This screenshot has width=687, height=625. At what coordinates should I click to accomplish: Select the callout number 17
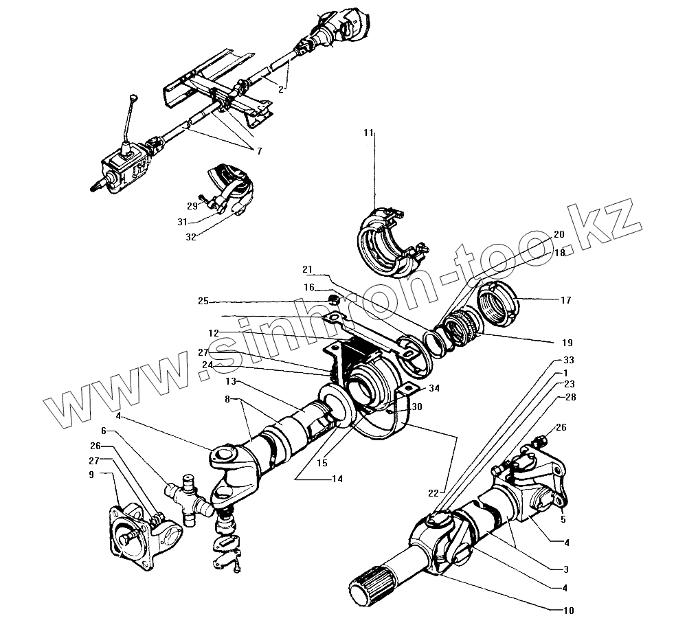click(x=565, y=300)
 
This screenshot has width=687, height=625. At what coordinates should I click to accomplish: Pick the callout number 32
click(x=190, y=236)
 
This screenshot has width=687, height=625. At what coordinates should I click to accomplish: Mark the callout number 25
click(x=203, y=301)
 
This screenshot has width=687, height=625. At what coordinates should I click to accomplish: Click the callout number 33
click(x=568, y=360)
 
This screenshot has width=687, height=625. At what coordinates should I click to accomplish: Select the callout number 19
click(x=566, y=341)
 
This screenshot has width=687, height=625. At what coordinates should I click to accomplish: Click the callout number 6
click(x=104, y=431)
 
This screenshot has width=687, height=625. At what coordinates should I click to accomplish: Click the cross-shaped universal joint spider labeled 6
click(x=187, y=499)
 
